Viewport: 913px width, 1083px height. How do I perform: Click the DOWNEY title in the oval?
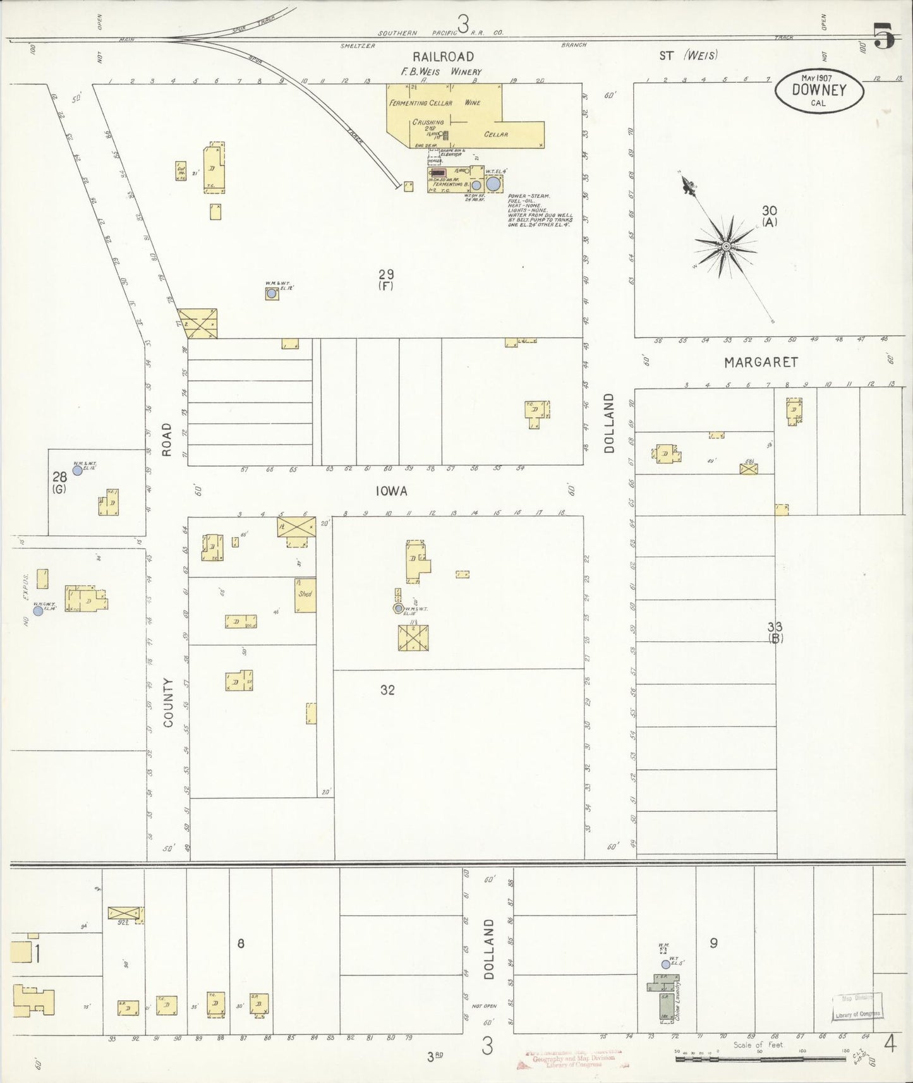click(x=819, y=90)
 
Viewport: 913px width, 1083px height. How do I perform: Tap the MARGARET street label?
click(x=761, y=362)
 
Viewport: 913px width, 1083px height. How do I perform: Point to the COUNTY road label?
click(x=168, y=702)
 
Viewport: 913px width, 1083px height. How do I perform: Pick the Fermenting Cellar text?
click(x=421, y=102)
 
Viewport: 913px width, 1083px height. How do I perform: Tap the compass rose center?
click(x=727, y=246)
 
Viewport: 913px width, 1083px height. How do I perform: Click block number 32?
click(x=387, y=690)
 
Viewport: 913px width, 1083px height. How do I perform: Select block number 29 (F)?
click(x=386, y=279)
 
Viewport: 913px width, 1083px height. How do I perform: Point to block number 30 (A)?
click(x=769, y=215)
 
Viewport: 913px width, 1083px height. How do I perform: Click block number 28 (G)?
click(x=59, y=481)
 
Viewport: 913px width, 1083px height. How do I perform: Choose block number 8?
click(x=241, y=943)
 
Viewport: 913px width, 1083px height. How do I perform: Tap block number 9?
click(x=713, y=943)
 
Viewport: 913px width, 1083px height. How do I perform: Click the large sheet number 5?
click(x=884, y=36)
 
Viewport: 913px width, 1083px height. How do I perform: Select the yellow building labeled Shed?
click(x=306, y=595)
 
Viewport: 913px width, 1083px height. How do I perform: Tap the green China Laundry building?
click(x=664, y=1006)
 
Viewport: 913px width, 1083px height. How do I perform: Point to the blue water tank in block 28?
click(x=77, y=470)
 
